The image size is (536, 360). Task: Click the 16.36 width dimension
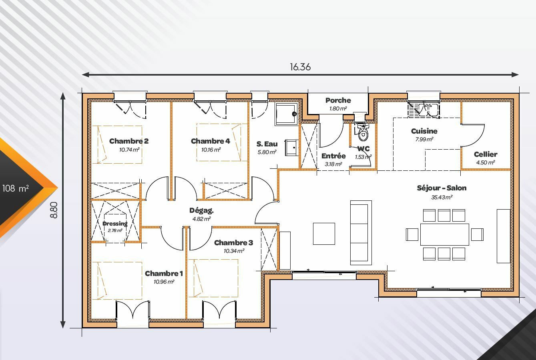click(300, 67)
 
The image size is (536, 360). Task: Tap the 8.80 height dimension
click(54, 210)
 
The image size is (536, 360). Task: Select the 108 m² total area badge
click(16, 188)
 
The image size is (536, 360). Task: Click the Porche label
click(338, 100)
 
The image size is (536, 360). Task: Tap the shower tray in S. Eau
click(286, 114)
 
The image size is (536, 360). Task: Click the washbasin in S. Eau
click(292, 148)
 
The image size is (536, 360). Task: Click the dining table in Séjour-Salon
click(445, 234)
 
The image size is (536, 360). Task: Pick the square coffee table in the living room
click(324, 234)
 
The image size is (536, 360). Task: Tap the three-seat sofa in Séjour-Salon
click(361, 233)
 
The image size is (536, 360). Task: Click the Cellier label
click(486, 154)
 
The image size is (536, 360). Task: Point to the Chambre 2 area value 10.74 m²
click(129, 150)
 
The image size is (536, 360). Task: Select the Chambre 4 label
click(210, 141)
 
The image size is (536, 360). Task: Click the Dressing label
click(115, 224)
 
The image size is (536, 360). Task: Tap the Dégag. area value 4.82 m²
click(201, 219)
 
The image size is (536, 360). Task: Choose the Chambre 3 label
click(233, 243)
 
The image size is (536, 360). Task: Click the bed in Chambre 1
click(117, 281)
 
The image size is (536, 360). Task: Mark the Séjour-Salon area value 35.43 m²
click(442, 198)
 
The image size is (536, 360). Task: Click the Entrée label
click(333, 156)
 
